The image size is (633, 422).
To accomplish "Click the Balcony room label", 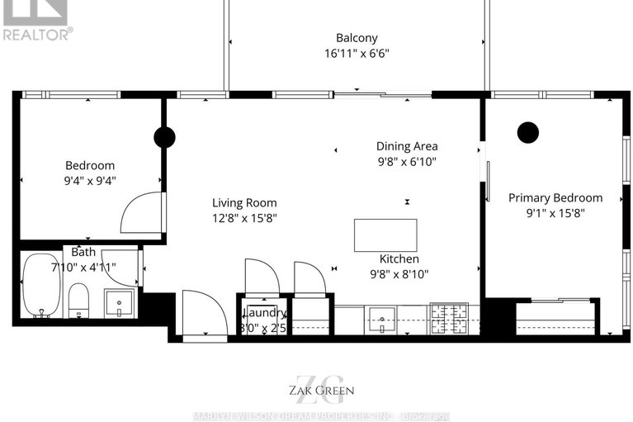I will pyautogui.click(x=357, y=37).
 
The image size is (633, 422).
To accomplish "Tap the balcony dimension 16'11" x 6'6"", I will pyautogui.click(x=357, y=54).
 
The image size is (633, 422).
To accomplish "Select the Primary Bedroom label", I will pyautogui.click(x=555, y=197).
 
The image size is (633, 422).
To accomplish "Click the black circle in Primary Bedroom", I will pyautogui.click(x=527, y=131).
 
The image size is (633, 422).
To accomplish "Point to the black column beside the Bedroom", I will pyautogui.click(x=164, y=137).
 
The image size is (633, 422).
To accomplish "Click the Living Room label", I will pyautogui.click(x=244, y=202).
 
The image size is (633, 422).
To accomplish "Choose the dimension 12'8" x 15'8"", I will pyautogui.click(x=244, y=218).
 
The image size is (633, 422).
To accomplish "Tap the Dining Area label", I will pyautogui.click(x=407, y=146).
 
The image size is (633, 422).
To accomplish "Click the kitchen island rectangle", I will pyautogui.click(x=385, y=235).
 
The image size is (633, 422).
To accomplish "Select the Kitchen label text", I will pyautogui.click(x=400, y=258).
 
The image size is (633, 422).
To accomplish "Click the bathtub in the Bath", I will pyautogui.click(x=40, y=285).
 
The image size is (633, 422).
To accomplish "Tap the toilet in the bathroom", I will pyautogui.click(x=79, y=299).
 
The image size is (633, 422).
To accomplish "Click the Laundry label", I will pyautogui.click(x=264, y=313).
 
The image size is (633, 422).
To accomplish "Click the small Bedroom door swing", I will pyautogui.click(x=138, y=213).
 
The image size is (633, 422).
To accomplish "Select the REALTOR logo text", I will pyautogui.click(x=36, y=34).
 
